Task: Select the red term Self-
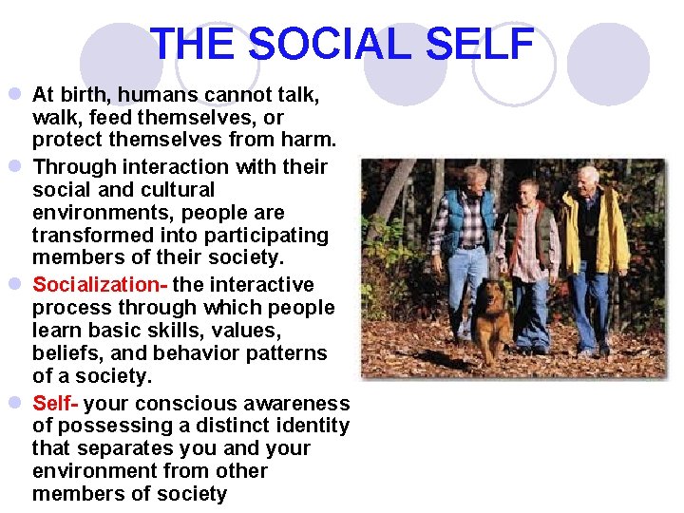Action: [x=56, y=403]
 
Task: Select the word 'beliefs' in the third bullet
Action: [x=66, y=353]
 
